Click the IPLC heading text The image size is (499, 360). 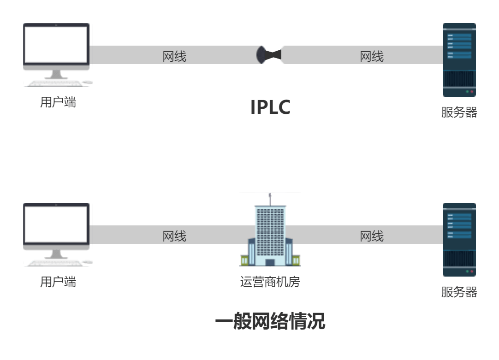(270, 107)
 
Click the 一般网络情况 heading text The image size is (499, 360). (270, 321)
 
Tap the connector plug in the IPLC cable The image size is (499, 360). (268, 55)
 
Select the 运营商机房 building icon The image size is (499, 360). (270, 235)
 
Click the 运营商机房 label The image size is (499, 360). (270, 282)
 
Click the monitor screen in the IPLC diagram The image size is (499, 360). (56, 45)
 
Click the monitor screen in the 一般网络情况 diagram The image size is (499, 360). (56, 224)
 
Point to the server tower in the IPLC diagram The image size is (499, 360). (459, 60)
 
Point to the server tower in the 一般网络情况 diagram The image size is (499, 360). (459, 240)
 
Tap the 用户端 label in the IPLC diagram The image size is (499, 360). (58, 102)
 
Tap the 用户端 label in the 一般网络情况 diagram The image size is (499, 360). (58, 282)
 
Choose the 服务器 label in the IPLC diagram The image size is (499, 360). (459, 112)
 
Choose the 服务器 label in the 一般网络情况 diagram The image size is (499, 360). (459, 292)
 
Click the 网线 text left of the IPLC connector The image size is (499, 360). (174, 57)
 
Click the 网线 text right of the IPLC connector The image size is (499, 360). (372, 57)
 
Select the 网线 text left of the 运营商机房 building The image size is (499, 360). (174, 236)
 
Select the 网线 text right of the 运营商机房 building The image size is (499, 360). (372, 236)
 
